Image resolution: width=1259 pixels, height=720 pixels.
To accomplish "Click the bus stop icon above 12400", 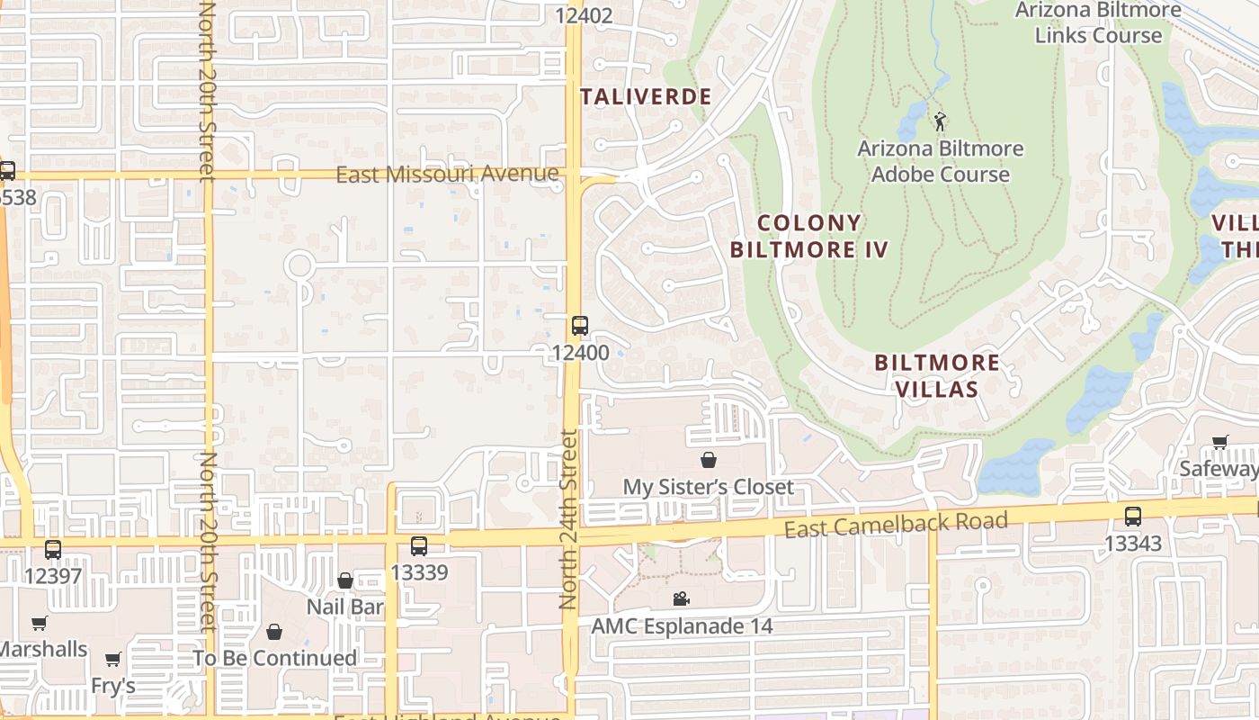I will [579, 326].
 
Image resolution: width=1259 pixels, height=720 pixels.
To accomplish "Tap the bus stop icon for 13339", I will [419, 545].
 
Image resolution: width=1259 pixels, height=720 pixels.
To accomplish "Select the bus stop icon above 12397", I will [53, 549].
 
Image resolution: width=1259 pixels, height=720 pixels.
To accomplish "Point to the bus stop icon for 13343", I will [1132, 517].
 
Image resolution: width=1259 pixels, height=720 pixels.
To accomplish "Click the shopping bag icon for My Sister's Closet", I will [709, 460].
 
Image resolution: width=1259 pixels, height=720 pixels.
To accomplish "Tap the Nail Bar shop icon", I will [344, 580].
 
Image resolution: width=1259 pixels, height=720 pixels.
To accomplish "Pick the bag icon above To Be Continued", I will [274, 632].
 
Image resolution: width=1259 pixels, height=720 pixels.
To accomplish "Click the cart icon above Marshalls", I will [39, 623].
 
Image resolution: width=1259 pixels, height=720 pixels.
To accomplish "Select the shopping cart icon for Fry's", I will [112, 660].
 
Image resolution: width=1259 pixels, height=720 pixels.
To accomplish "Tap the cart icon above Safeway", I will [1219, 442].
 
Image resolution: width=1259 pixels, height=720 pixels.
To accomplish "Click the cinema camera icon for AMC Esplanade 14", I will [682, 598].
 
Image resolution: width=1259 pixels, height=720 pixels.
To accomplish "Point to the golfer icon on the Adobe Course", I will [941, 121].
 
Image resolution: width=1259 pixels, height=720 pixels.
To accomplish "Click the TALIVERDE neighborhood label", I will [646, 97].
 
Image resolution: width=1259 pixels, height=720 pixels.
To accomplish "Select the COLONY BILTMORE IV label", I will [808, 236].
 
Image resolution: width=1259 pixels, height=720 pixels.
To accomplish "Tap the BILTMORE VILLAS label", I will [937, 375].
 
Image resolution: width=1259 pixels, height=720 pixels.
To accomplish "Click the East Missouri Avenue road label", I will [447, 174].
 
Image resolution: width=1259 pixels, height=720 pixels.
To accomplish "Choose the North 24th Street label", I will [567, 519].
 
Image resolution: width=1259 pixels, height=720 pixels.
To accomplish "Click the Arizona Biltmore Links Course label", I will [1098, 22].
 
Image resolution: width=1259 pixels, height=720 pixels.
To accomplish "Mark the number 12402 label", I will [584, 15].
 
